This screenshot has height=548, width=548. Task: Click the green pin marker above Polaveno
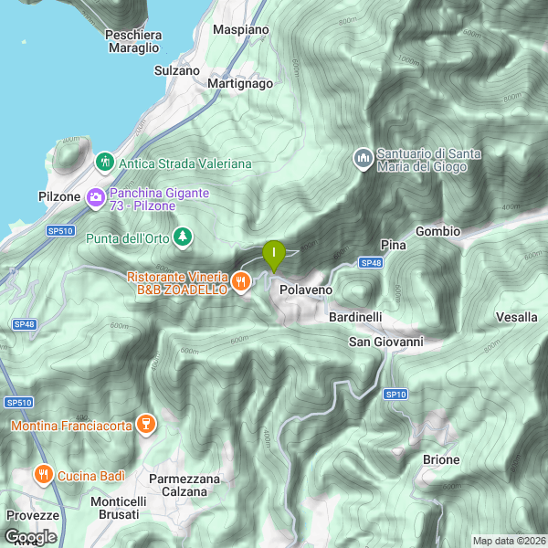click(x=273, y=255)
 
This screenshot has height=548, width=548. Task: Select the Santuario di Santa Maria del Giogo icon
click(x=364, y=159)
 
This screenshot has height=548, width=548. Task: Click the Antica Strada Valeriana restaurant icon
click(x=105, y=163)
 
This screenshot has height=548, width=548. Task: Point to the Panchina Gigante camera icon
click(x=96, y=197)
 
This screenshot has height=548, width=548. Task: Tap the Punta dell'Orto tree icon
click(x=184, y=237)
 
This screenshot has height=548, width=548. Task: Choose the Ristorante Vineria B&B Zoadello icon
click(x=241, y=281)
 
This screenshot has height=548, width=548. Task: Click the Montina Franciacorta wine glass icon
click(x=144, y=424)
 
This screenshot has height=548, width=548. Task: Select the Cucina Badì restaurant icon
click(x=42, y=475)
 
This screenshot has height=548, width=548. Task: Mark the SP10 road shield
click(x=394, y=394)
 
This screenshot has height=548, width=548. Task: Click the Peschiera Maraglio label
click(x=133, y=41)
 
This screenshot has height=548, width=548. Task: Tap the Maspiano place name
click(x=240, y=29)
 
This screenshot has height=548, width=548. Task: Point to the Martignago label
click(x=240, y=83)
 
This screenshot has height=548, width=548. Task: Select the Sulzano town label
click(x=177, y=69)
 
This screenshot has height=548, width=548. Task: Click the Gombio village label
click(x=437, y=231)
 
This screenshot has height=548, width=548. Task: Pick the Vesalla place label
click(x=516, y=317)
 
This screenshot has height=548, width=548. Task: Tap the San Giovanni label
click(x=386, y=342)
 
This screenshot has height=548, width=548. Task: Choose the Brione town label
click(x=441, y=459)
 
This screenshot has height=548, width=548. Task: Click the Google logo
click(x=29, y=536)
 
